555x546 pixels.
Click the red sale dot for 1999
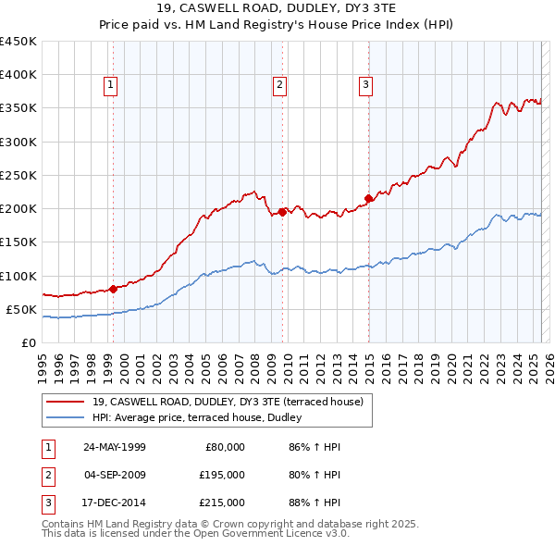click(x=113, y=288)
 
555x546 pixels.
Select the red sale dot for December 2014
click(x=368, y=198)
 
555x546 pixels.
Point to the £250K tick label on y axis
click(x=18, y=175)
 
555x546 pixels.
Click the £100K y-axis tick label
click(x=18, y=276)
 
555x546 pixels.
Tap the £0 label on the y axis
click(x=29, y=342)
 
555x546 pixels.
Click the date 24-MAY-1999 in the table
click(x=115, y=446)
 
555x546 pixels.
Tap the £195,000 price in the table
click(x=222, y=475)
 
